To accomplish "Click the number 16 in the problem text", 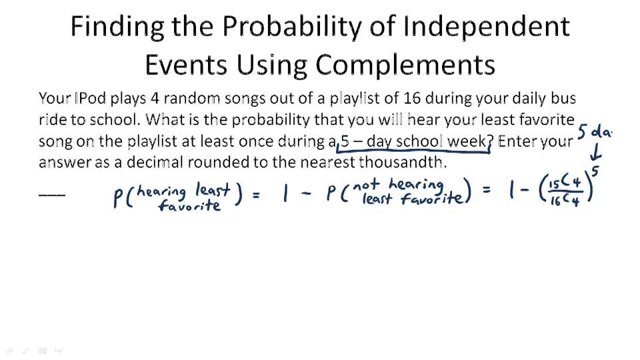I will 411,99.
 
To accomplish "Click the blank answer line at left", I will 52,195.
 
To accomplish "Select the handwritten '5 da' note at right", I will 594,131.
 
